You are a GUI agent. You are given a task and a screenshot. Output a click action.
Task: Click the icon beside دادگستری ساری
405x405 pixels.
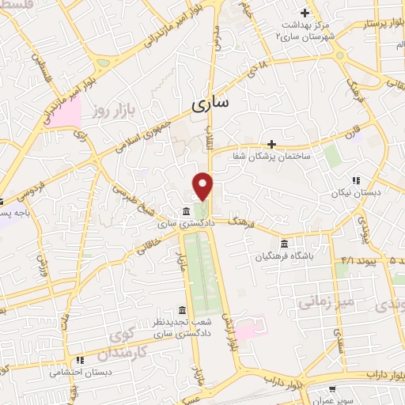point(184,211)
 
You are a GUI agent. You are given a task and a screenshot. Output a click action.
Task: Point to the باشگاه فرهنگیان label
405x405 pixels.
point(285,256)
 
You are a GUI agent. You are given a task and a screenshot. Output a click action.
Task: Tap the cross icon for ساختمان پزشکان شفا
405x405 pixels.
point(271,144)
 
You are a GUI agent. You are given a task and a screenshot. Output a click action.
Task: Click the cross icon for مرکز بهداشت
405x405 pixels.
point(304,13)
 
